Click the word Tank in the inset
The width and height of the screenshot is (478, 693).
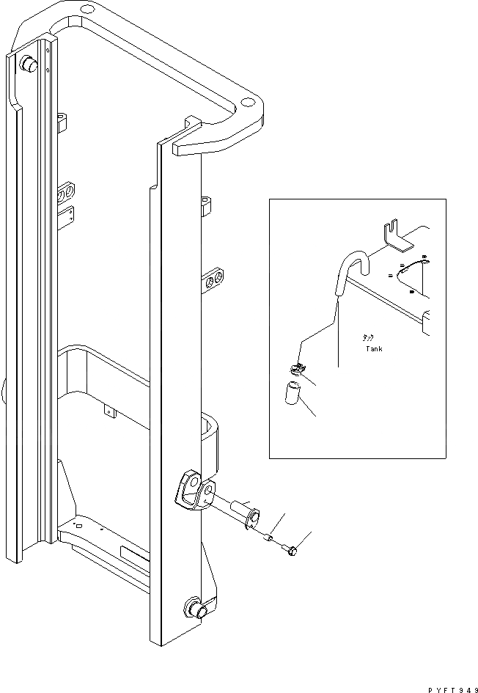374,349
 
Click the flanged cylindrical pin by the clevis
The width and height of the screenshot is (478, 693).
243,511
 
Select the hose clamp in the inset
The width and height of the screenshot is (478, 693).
297,370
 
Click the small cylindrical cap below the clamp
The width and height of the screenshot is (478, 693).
294,392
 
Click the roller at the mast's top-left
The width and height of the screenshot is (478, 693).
29,65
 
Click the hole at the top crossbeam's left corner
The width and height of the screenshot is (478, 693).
87,10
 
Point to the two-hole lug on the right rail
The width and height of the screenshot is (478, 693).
215,281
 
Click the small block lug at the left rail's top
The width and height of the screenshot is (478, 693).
62,118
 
